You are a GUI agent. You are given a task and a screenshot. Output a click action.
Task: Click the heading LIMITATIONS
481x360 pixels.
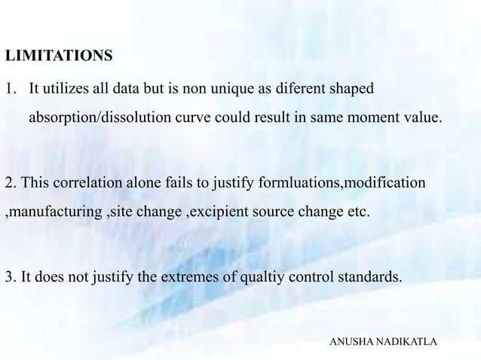pos(59,56)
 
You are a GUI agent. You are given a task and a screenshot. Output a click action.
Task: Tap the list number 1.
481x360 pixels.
pos(9,90)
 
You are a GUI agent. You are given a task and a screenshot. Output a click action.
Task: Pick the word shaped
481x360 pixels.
pos(351,90)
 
